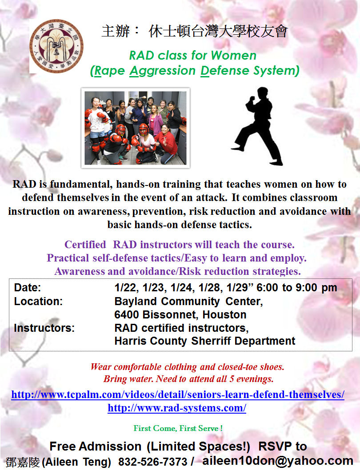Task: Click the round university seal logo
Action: (x=56, y=46)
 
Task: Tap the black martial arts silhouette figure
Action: (x=257, y=126)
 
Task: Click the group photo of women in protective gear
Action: (x=136, y=128)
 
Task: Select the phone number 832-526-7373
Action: (x=152, y=462)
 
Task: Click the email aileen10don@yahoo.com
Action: (x=278, y=461)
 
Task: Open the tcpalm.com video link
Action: (x=178, y=394)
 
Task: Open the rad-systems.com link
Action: (x=177, y=408)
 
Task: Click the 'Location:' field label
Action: (x=38, y=302)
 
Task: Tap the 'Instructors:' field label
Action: (x=44, y=328)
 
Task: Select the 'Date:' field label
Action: (x=27, y=287)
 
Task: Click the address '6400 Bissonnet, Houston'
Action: (x=180, y=315)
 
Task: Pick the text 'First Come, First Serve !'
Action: (x=178, y=428)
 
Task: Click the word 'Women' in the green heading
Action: (x=233, y=56)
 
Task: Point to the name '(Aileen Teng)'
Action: (x=76, y=462)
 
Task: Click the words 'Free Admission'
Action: (x=96, y=447)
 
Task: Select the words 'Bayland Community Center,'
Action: (x=188, y=302)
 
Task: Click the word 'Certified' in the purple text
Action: (x=85, y=245)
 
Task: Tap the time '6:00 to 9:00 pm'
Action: (x=297, y=287)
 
